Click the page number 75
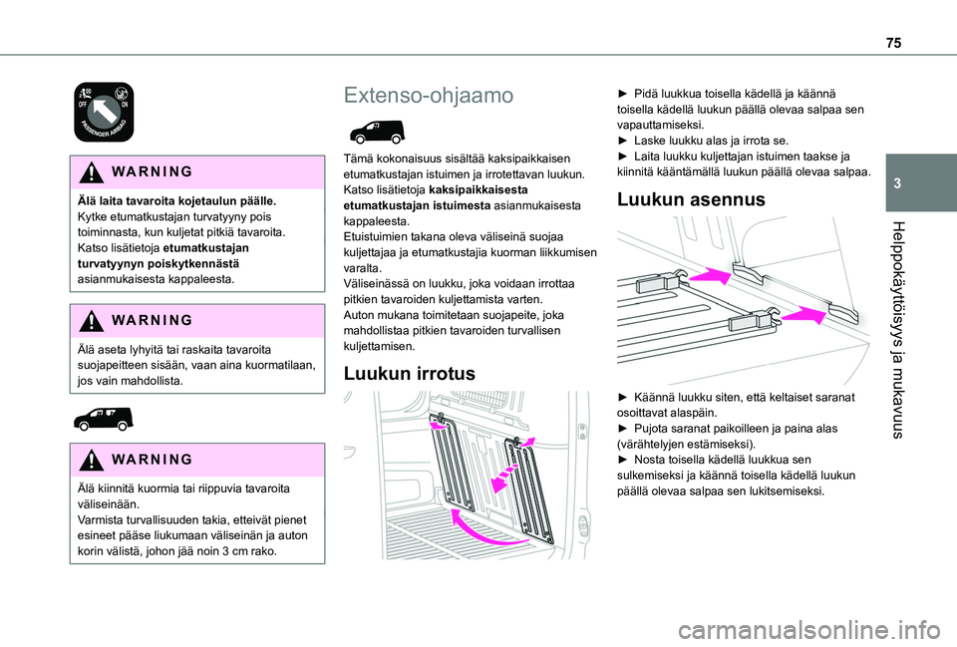click(893, 43)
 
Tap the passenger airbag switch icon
click(104, 113)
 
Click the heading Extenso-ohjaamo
click(429, 96)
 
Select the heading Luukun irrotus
click(409, 373)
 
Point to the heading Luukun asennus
click(691, 199)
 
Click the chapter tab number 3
click(897, 183)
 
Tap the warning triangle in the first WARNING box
click(91, 172)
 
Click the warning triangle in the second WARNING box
click(91, 321)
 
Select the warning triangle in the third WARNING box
click(91, 461)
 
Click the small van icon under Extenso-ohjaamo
click(373, 132)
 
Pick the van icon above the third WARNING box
click(103, 419)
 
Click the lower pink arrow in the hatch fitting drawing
click(803, 314)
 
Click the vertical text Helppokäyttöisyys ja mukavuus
click(896, 330)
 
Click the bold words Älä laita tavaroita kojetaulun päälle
click(177, 200)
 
